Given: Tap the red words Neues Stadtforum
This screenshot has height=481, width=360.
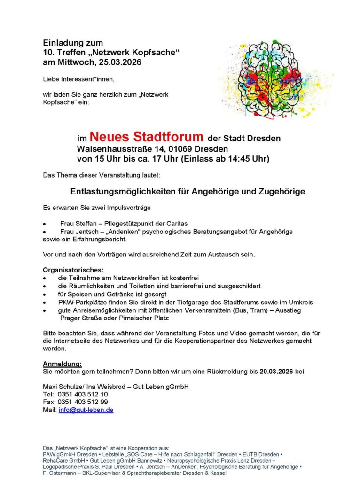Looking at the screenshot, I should point(147,137).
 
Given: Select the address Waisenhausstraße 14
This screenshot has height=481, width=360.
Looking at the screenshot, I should point(125,149).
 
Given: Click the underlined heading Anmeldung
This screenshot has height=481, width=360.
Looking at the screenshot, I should point(62,364).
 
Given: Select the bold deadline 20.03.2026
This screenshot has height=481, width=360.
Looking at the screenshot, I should point(277,372).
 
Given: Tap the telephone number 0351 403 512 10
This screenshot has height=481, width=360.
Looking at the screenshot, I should point(83,395).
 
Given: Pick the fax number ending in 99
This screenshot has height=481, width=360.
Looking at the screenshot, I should point(83,402).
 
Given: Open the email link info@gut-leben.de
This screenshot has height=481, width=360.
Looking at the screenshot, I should point(86,410).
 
